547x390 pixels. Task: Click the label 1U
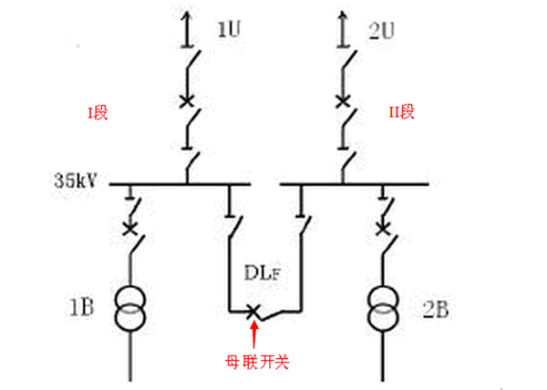[228, 29]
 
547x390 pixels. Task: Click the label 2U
[382, 30]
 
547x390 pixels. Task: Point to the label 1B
[84, 303]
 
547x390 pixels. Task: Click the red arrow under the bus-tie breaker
[253, 333]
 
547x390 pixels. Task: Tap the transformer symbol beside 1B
[131, 307]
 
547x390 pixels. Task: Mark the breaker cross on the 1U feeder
[188, 100]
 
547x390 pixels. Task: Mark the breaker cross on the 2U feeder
[343, 100]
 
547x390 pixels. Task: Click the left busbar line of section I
[181, 183]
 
